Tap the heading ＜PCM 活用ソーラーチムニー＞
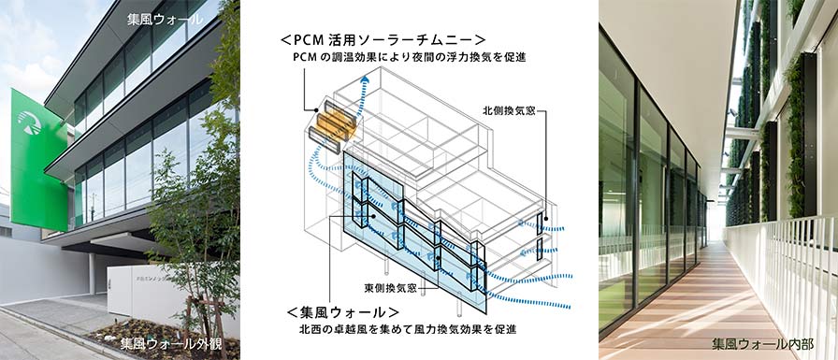pos(383,40)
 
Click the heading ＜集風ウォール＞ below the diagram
pos(342,312)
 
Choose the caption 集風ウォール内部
pos(762,344)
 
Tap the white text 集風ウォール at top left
pos(166,21)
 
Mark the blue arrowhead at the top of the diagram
pos(365,80)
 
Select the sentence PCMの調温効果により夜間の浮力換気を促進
pos(409,58)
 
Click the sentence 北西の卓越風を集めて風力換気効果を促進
pos(409,329)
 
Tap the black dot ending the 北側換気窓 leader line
pos(547,220)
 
